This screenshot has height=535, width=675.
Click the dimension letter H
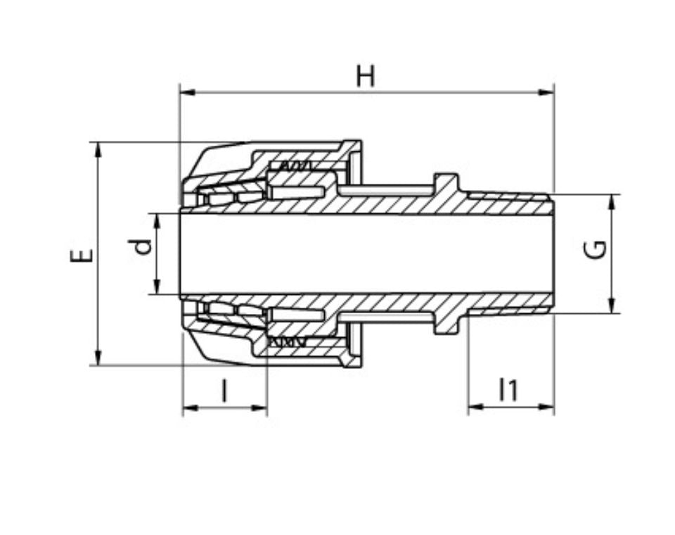coord(366,76)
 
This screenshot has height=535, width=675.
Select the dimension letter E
coord(82,255)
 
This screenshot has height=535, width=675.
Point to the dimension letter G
coord(596,250)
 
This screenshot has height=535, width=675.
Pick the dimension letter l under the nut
coord(224,390)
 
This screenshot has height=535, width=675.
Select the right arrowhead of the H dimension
coord(546,92)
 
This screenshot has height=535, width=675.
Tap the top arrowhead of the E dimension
coord(98,151)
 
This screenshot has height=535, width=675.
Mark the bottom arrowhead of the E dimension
coord(98,356)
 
